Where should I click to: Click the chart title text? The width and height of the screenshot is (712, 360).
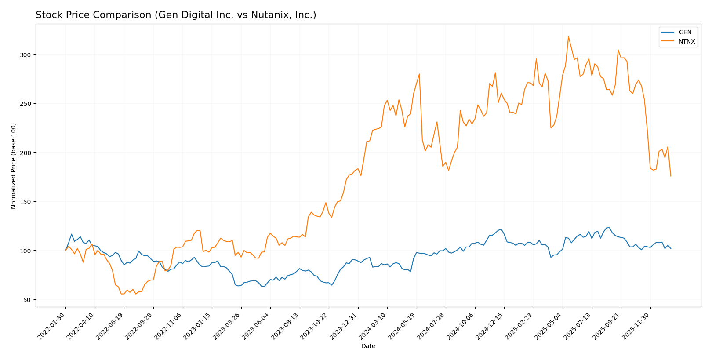click(x=176, y=15)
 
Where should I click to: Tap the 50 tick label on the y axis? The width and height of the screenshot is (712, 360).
click(x=27, y=300)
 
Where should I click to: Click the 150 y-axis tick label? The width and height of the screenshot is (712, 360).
click(x=25, y=202)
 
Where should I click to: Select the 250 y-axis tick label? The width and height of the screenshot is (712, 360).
click(x=25, y=104)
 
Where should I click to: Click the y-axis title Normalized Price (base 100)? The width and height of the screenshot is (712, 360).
click(x=14, y=166)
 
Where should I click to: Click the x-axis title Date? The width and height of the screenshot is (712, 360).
click(x=368, y=346)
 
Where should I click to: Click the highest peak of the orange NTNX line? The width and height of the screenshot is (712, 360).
click(x=568, y=36)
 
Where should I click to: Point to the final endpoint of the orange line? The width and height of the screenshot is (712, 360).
click(x=671, y=176)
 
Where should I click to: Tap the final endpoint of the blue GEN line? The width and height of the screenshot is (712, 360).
click(x=671, y=249)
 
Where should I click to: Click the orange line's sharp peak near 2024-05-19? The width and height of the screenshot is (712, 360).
click(x=419, y=74)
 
